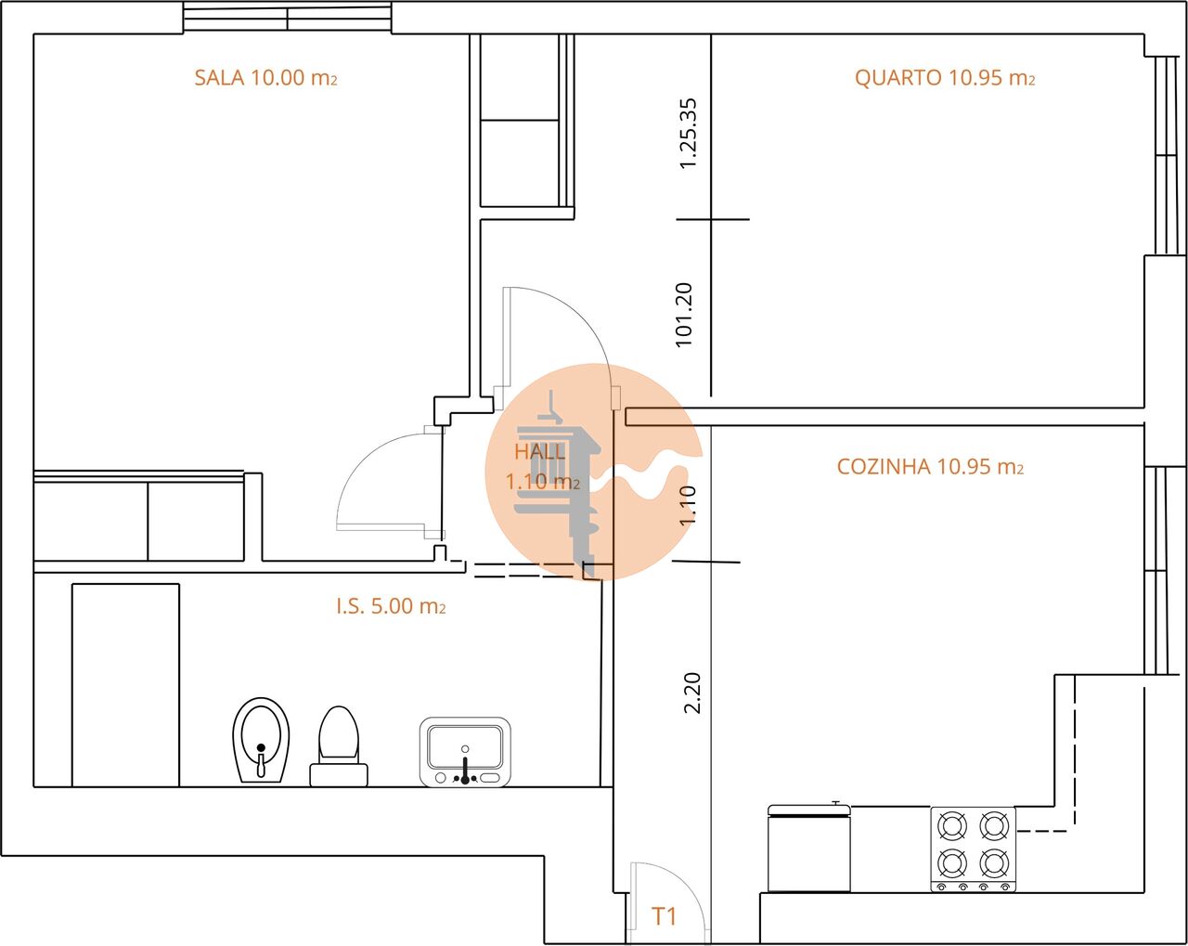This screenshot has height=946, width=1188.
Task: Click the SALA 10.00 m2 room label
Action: (x=265, y=78)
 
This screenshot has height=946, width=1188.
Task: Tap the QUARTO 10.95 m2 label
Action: (x=944, y=78)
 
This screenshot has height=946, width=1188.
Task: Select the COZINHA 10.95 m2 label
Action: (x=930, y=467)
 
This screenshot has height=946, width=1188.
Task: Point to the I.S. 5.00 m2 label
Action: (x=391, y=607)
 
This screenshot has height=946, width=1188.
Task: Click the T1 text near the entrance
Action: (x=664, y=917)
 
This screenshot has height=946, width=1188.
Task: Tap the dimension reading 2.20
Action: (x=692, y=693)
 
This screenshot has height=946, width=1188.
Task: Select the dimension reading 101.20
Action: (x=685, y=315)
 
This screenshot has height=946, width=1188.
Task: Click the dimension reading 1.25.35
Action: (x=688, y=134)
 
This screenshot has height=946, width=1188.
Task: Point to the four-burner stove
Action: (x=973, y=849)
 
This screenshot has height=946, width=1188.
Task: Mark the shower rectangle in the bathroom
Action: (x=125, y=685)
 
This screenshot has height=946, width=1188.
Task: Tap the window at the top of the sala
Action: (x=287, y=19)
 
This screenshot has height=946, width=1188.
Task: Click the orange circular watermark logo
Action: (x=592, y=472)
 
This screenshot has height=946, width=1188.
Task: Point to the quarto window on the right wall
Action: (x=1166, y=156)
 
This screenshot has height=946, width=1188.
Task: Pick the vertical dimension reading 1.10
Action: (x=688, y=506)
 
